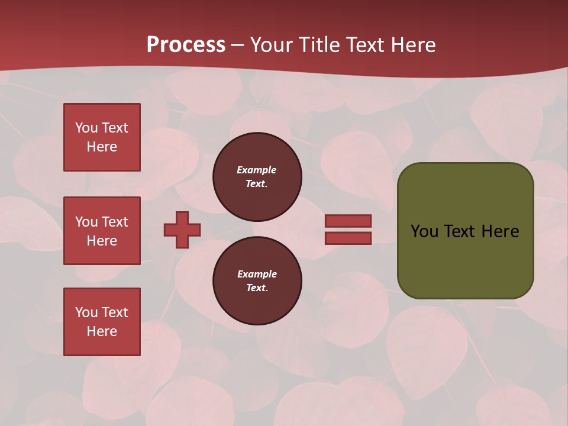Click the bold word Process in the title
pyautogui.click(x=186, y=45)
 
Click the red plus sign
pyautogui.click(x=182, y=230)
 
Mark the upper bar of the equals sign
pyautogui.click(x=348, y=221)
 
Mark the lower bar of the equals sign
pyautogui.click(x=348, y=238)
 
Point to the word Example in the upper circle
pyautogui.click(x=257, y=170)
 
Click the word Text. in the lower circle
pyautogui.click(x=257, y=288)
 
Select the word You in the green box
pyautogui.click(x=424, y=231)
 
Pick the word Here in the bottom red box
pyautogui.click(x=102, y=331)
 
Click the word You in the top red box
pyautogui.click(x=86, y=128)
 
